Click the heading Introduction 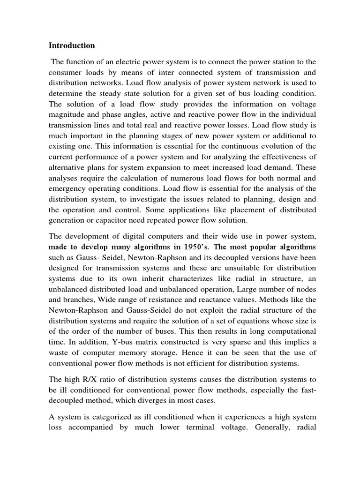click(x=72, y=45)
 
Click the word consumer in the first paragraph click(x=66, y=73)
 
